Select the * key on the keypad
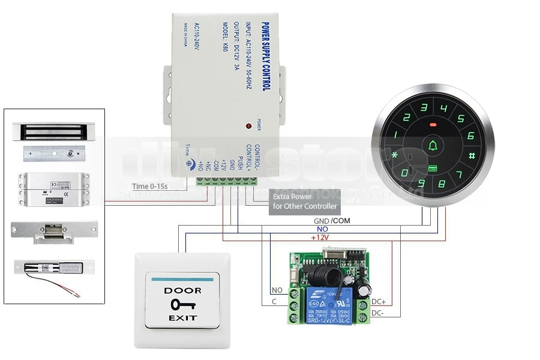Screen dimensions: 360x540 395,156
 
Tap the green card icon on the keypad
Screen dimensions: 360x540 432,169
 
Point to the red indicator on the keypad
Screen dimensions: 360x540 433,125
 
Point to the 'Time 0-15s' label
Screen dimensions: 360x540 150,187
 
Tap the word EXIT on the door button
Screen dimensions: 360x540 182,317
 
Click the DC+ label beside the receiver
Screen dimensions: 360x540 379,302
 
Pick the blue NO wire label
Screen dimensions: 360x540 322,229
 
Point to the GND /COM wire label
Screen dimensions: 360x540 332,221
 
